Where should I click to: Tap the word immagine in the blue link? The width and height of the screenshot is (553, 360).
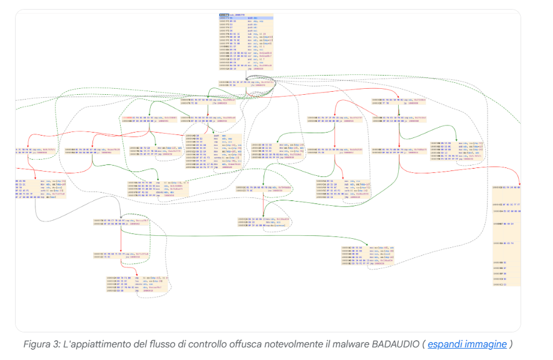[x=486, y=344]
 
